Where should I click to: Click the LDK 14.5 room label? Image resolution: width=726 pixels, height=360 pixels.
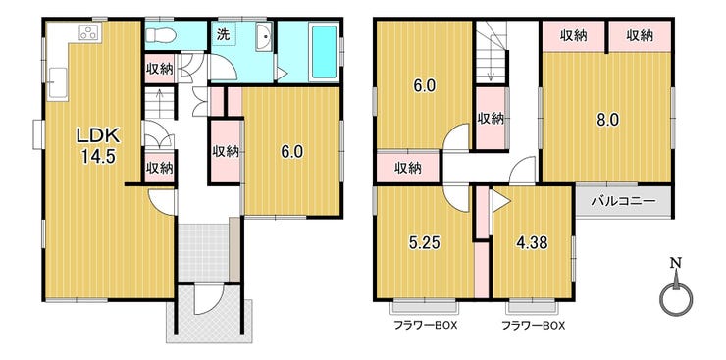(98, 145)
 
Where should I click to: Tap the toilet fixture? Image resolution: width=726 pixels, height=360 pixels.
(160, 35)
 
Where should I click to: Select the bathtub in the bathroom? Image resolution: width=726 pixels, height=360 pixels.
(324, 52)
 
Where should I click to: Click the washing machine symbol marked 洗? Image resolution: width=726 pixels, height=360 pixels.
(224, 35)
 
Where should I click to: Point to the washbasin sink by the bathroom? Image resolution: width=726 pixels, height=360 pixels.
(264, 36)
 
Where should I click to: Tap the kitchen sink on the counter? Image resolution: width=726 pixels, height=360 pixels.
(58, 84)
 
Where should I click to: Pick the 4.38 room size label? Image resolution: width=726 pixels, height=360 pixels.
(533, 242)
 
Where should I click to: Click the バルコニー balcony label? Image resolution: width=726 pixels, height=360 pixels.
(624, 202)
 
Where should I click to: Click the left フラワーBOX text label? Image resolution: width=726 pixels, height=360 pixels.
(425, 326)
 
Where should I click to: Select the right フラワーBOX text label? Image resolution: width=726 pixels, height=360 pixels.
(534, 326)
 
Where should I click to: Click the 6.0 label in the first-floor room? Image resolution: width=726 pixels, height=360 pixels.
(292, 152)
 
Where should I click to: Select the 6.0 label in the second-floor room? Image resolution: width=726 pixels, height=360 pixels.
(424, 86)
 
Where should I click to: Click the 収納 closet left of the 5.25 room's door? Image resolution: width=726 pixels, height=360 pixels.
(408, 168)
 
